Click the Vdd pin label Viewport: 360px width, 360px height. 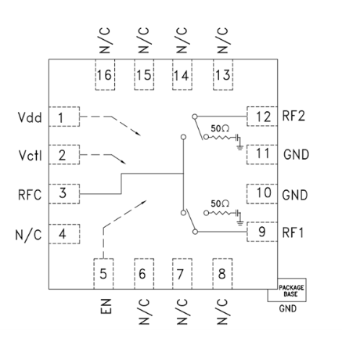[30, 117]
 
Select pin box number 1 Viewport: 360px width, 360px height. [64, 117]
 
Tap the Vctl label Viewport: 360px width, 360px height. [31, 156]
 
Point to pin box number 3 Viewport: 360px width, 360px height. [64, 194]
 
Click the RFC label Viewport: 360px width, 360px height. [30, 195]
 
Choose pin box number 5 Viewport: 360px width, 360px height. [103, 274]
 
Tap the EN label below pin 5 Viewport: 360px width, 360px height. [106, 306]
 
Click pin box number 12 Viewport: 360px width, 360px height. [262, 117]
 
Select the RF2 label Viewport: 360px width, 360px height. [293, 116]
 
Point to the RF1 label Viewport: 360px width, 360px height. [293, 232]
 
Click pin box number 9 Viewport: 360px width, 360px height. [262, 232]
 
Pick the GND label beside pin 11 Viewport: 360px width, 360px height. [296, 154]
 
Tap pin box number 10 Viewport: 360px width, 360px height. [262, 193]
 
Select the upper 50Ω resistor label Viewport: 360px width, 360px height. [220, 128]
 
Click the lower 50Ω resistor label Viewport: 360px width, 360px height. [220, 203]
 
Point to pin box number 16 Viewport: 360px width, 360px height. [105, 75]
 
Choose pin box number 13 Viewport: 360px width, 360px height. [223, 75]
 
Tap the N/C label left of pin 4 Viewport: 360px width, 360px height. [28, 235]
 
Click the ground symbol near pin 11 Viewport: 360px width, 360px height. [239, 148]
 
